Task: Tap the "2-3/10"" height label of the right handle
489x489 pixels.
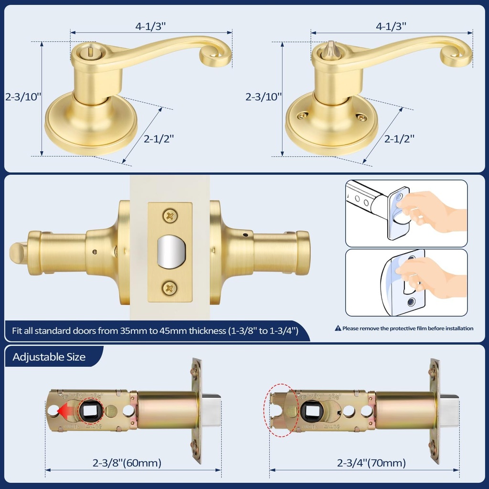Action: coord(264,96)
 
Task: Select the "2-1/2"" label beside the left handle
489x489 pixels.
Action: coord(159,138)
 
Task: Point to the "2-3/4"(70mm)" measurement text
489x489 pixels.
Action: coord(372,463)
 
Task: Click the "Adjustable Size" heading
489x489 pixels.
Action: coord(49,357)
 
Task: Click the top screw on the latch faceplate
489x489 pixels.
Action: coord(170,215)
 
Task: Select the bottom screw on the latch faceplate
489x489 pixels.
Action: coord(170,288)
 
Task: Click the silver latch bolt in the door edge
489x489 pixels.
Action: coord(170,252)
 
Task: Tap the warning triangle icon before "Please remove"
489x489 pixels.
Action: coord(338,329)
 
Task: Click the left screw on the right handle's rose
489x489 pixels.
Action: coord(302,116)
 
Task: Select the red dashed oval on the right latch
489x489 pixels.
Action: coord(281,410)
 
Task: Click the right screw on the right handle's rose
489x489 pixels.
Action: coord(361,116)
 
